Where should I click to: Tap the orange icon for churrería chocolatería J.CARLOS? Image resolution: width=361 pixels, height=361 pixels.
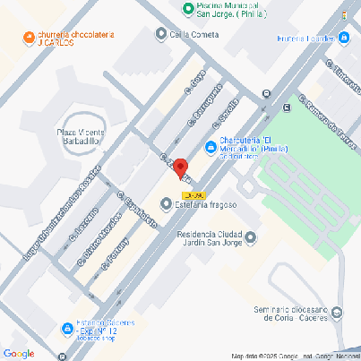pos(29,38)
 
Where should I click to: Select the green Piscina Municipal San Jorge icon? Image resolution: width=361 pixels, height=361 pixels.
pos(188,10)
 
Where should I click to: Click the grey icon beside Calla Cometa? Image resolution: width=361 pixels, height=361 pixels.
pos(161,34)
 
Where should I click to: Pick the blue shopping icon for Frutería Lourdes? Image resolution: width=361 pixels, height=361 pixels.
pos(344,38)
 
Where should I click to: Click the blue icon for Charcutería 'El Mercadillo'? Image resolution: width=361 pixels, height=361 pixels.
pos(210,147)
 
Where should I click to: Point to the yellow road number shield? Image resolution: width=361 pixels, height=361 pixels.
pos(193,194)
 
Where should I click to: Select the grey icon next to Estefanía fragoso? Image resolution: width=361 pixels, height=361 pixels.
pos(166,205)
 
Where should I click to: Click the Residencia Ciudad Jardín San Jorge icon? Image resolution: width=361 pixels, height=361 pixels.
pos(251,237)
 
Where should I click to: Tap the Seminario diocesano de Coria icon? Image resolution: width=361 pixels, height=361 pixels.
pos(336,313)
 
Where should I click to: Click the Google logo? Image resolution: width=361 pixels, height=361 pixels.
pos(19,353)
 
